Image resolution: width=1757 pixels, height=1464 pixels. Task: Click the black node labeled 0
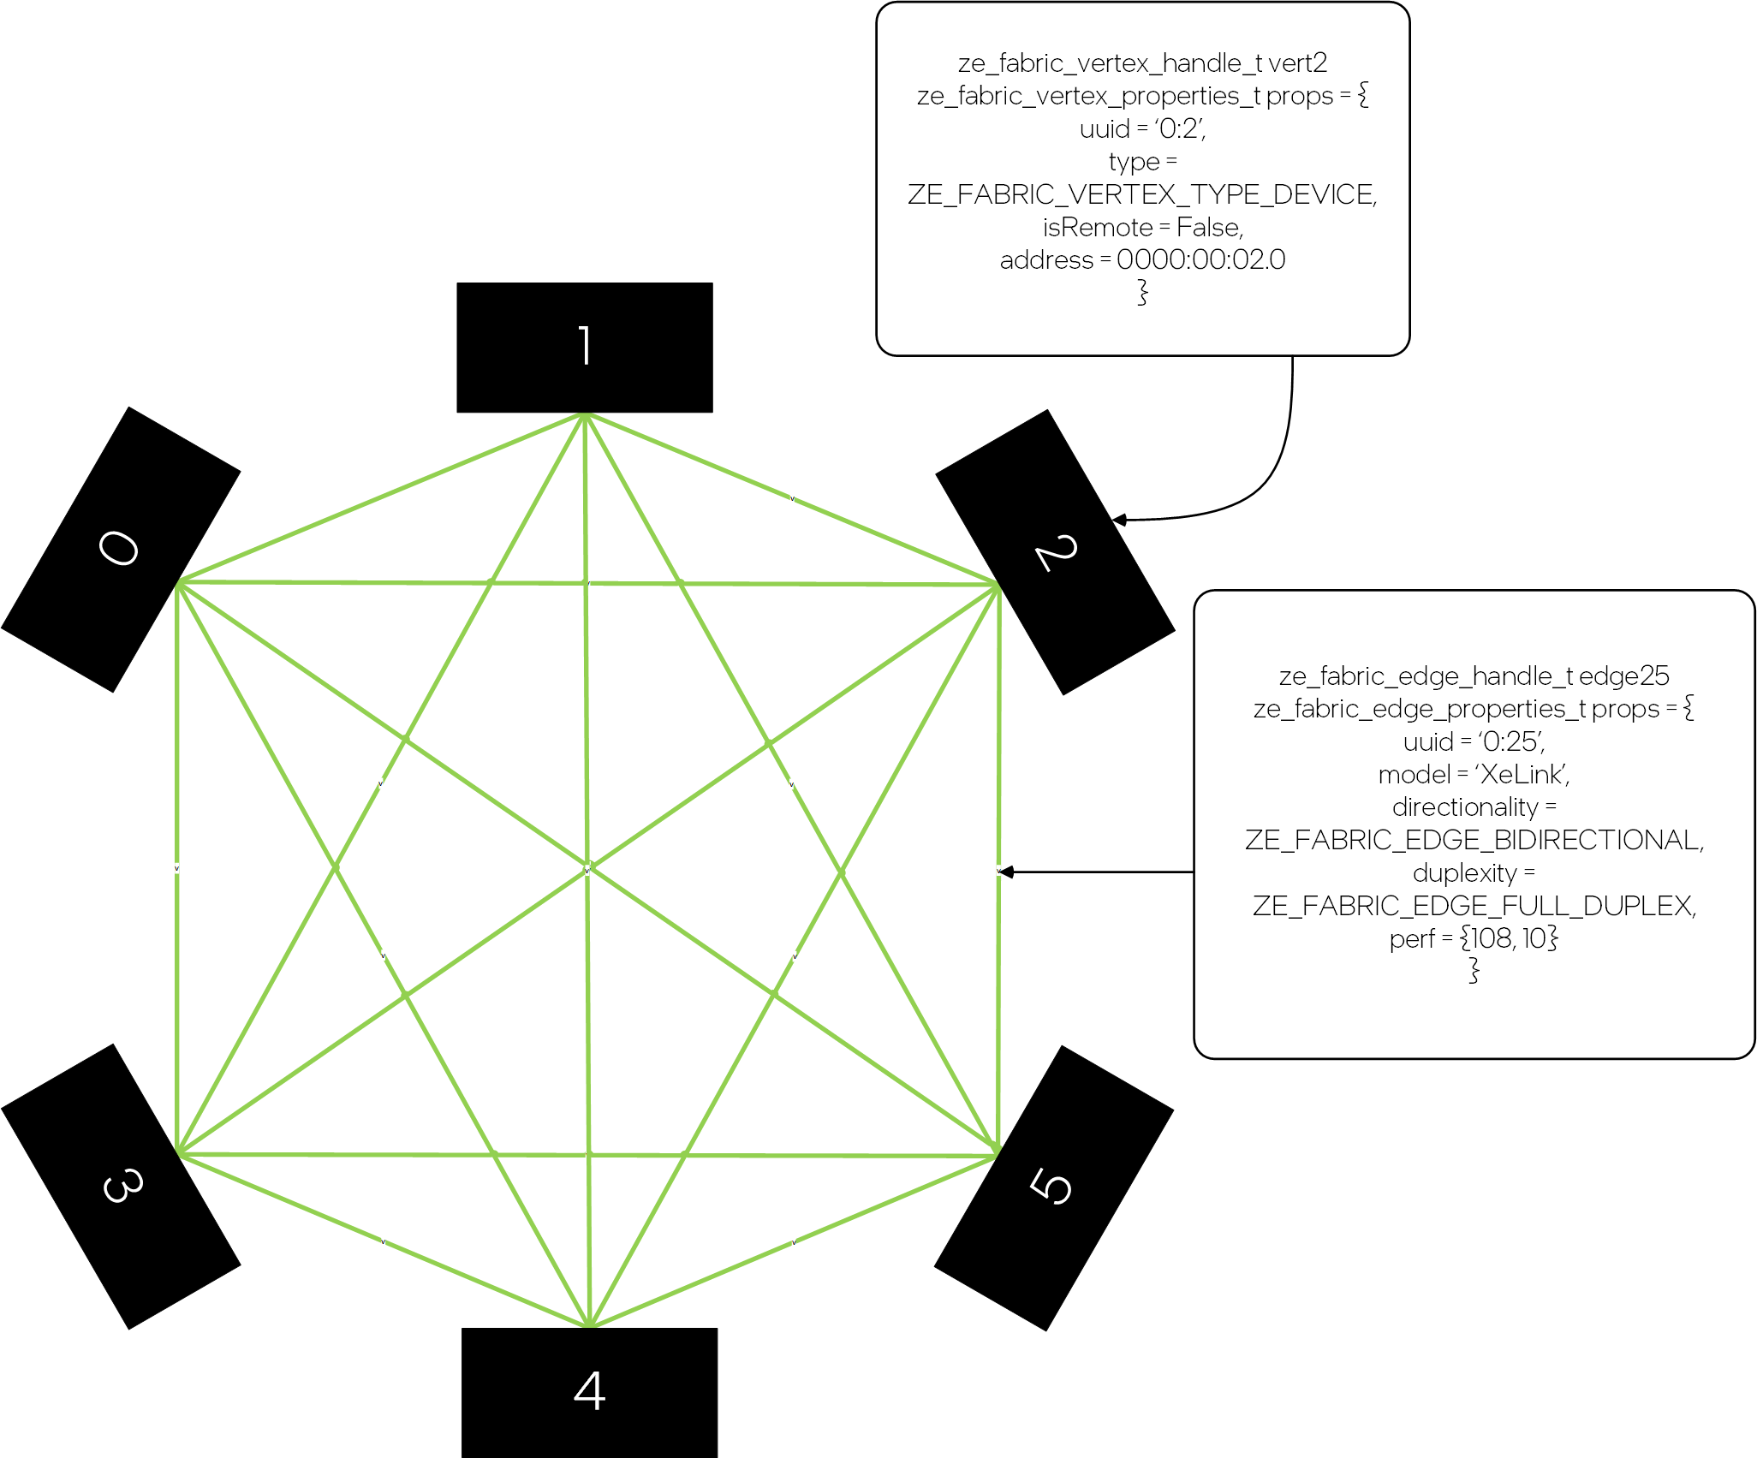120,550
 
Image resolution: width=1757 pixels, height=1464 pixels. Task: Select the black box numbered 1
585,347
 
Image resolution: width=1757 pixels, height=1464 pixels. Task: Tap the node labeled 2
1055,552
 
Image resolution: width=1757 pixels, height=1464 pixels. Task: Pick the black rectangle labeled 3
121,1186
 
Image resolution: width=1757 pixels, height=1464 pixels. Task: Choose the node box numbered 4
589,1391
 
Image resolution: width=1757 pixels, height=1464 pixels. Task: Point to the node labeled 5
1053,1187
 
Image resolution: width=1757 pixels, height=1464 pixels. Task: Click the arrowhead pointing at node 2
1118,520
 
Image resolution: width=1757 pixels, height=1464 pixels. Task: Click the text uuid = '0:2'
1142,128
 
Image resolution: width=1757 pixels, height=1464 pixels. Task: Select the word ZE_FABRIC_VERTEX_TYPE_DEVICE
1141,194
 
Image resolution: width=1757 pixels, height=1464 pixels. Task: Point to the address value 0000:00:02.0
1200,259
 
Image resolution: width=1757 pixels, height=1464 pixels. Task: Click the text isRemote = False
1142,227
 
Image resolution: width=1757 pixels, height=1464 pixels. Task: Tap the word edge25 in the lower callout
1623,675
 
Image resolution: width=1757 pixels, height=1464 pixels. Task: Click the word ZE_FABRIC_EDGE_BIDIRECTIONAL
1473,840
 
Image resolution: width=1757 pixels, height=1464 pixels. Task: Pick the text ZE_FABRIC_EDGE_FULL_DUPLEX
1473,905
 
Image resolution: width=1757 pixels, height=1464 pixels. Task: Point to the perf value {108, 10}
1509,938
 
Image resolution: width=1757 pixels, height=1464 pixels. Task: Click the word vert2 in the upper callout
1297,62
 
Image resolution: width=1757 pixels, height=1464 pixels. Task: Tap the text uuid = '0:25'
1473,741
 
